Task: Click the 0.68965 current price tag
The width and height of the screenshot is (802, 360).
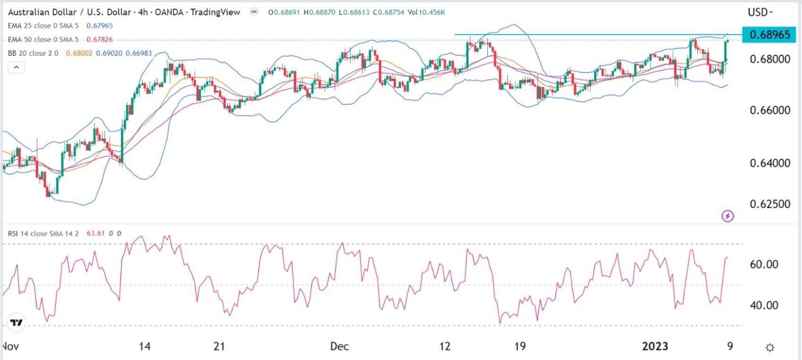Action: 769,35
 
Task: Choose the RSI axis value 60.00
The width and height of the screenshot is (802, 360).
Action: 764,264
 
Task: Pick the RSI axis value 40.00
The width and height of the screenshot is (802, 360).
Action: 764,305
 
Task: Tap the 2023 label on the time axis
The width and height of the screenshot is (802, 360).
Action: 655,346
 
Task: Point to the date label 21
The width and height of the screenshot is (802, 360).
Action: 219,346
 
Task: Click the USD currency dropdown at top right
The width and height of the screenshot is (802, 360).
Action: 760,12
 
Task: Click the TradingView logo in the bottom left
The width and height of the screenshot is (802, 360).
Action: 16,323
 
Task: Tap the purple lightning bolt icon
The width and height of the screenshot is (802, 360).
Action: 728,216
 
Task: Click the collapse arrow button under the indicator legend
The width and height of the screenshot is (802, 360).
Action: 16,68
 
